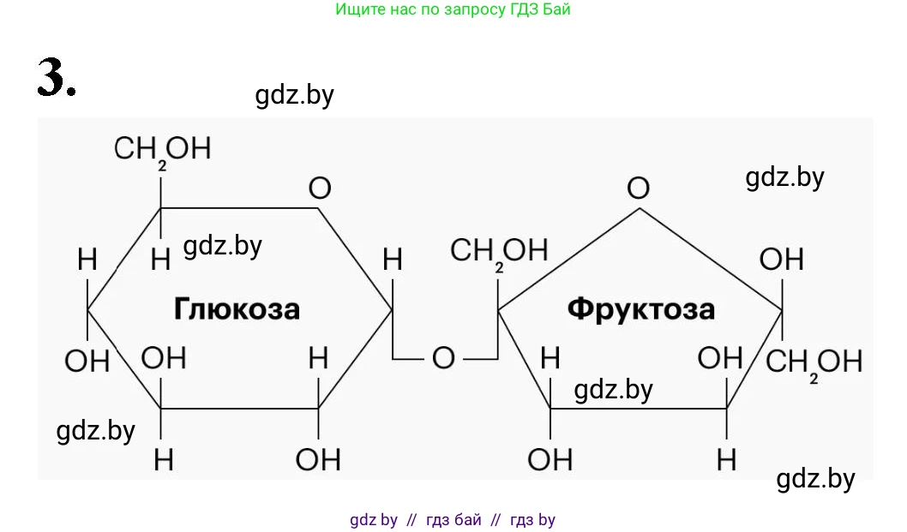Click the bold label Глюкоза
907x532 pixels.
point(237,308)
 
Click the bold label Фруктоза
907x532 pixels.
point(640,308)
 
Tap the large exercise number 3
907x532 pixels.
point(56,78)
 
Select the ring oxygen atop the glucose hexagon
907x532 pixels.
point(319,188)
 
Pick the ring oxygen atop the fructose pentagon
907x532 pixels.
point(638,188)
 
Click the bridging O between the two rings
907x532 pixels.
point(443,358)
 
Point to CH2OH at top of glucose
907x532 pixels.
point(162,149)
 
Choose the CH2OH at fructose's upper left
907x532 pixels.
point(498,251)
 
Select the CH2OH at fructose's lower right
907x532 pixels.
point(814,362)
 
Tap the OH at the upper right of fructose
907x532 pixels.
point(781,259)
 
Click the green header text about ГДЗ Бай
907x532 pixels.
point(453,10)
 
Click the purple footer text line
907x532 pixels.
point(453,519)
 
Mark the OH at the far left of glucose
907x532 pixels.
point(87,361)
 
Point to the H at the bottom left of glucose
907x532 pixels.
point(163,460)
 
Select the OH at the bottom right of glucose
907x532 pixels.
point(318,460)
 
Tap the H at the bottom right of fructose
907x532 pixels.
point(726,460)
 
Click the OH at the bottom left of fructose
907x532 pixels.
point(550,460)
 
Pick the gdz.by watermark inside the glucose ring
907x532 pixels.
point(222,247)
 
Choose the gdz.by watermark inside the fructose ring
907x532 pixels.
point(613,390)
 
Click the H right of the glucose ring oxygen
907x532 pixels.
point(392,259)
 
